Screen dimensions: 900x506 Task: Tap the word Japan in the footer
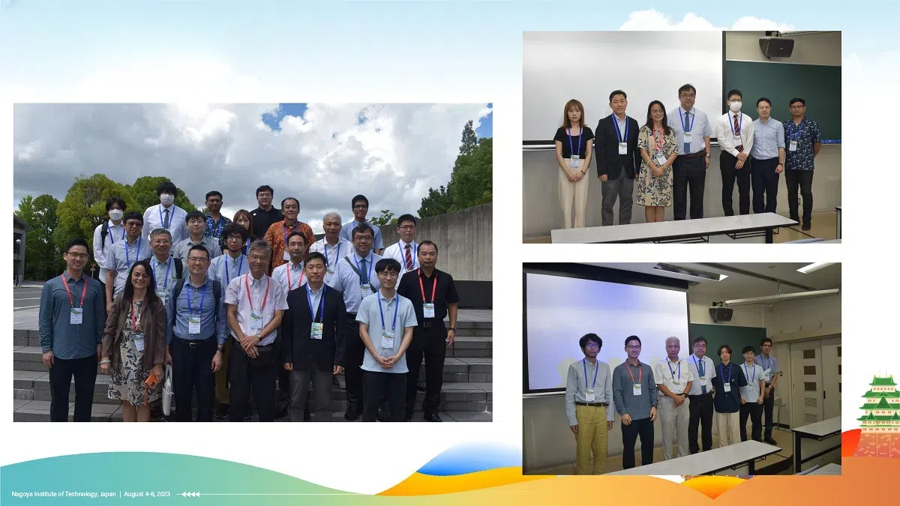(108, 494)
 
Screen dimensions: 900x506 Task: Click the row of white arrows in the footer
(191, 494)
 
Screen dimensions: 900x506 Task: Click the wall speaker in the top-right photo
(776, 46)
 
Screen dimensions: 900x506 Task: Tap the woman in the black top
(573, 163)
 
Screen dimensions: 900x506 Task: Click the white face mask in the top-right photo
(735, 106)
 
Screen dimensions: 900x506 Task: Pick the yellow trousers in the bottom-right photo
(592, 438)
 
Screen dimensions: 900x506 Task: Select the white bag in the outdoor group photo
(167, 390)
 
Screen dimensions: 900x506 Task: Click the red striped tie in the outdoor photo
(409, 256)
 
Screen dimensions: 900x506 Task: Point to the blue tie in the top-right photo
(687, 133)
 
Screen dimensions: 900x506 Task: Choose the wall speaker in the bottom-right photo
(721, 313)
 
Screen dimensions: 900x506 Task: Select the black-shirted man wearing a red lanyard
(428, 330)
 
